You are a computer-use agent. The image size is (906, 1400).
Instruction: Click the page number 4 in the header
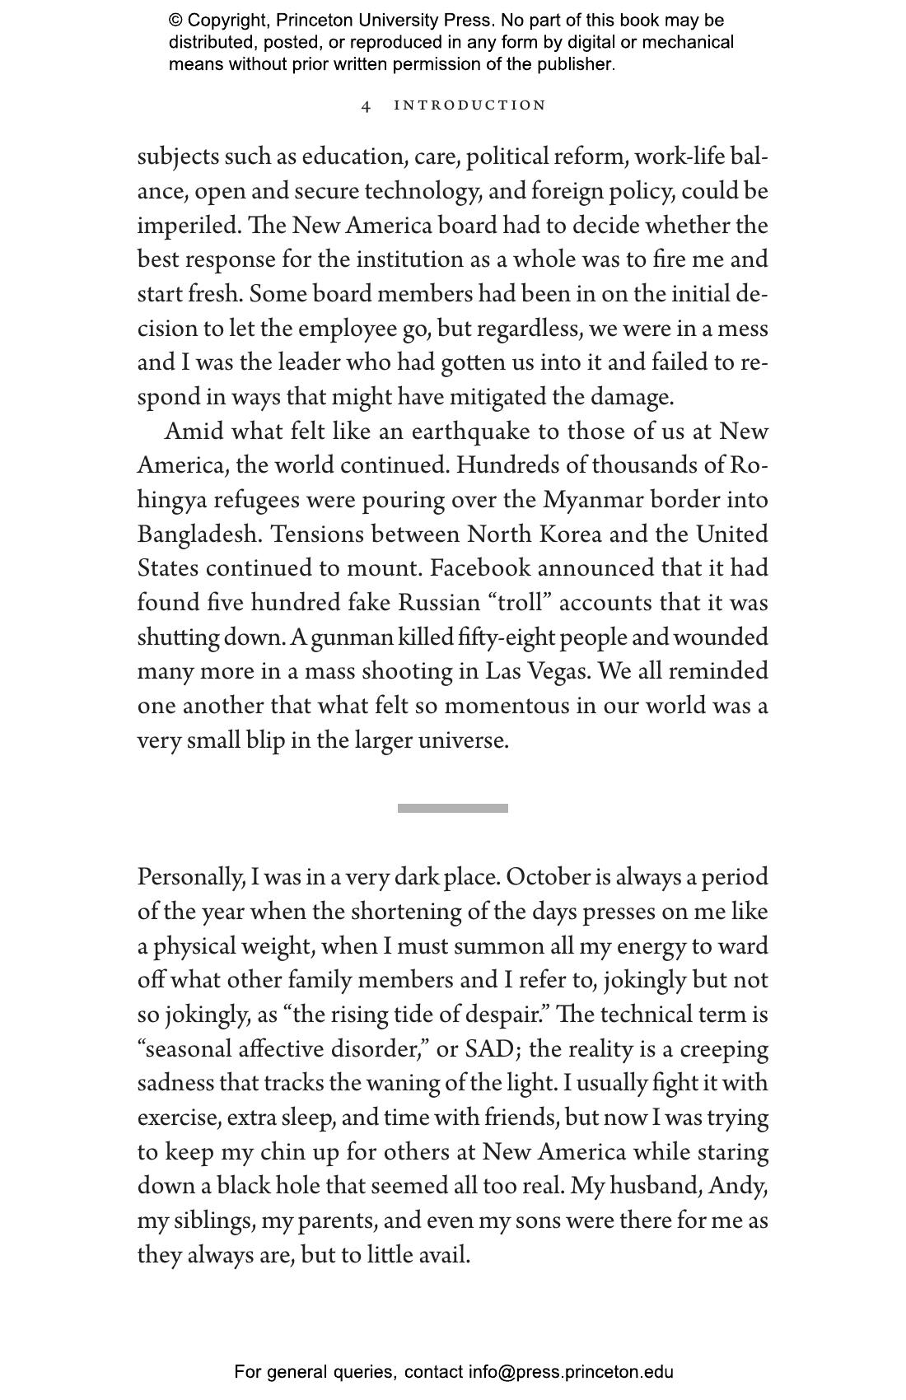(367, 105)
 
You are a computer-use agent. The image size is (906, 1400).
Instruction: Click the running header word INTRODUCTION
(469, 105)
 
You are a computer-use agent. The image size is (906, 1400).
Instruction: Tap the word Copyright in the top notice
(227, 21)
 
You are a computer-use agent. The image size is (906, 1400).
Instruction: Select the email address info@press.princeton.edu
(571, 1372)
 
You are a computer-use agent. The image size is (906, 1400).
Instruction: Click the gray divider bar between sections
(452, 808)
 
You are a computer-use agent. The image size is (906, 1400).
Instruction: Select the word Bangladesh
(199, 534)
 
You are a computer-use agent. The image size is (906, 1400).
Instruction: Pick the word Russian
(438, 603)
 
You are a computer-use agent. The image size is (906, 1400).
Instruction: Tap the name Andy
(736, 1186)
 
